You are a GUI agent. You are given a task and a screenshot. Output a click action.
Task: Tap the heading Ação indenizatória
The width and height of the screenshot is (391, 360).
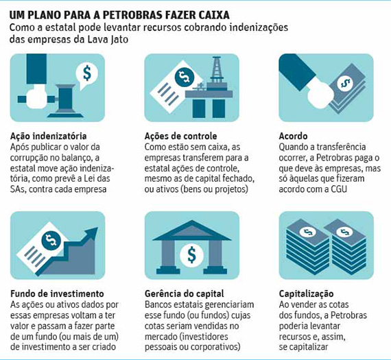[49, 136]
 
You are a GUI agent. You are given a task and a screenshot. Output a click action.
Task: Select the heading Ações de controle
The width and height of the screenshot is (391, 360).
[181, 136]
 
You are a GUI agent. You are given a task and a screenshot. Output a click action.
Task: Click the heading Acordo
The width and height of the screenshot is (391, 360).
[294, 136]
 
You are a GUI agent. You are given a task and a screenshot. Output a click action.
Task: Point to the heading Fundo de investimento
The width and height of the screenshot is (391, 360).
[57, 293]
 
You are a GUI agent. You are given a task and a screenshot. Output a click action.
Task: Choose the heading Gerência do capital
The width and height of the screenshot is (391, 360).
[185, 293]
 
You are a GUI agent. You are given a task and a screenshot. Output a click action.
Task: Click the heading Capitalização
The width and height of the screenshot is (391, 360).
[306, 293]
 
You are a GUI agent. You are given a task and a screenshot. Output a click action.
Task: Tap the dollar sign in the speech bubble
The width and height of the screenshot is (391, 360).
[87, 73]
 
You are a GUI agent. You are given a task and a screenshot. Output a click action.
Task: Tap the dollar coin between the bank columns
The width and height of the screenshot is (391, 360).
[191, 254]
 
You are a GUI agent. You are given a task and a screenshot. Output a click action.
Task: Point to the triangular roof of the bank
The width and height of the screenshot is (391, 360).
[192, 230]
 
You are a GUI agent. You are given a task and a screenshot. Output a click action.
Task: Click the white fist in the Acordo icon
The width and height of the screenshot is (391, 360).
[320, 96]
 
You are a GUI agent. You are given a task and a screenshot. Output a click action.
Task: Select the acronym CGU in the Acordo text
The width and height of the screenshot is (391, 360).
[339, 189]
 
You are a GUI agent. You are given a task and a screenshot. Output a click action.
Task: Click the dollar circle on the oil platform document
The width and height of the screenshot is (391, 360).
[185, 77]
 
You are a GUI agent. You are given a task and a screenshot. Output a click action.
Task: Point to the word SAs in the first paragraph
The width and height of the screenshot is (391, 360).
[19, 189]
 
